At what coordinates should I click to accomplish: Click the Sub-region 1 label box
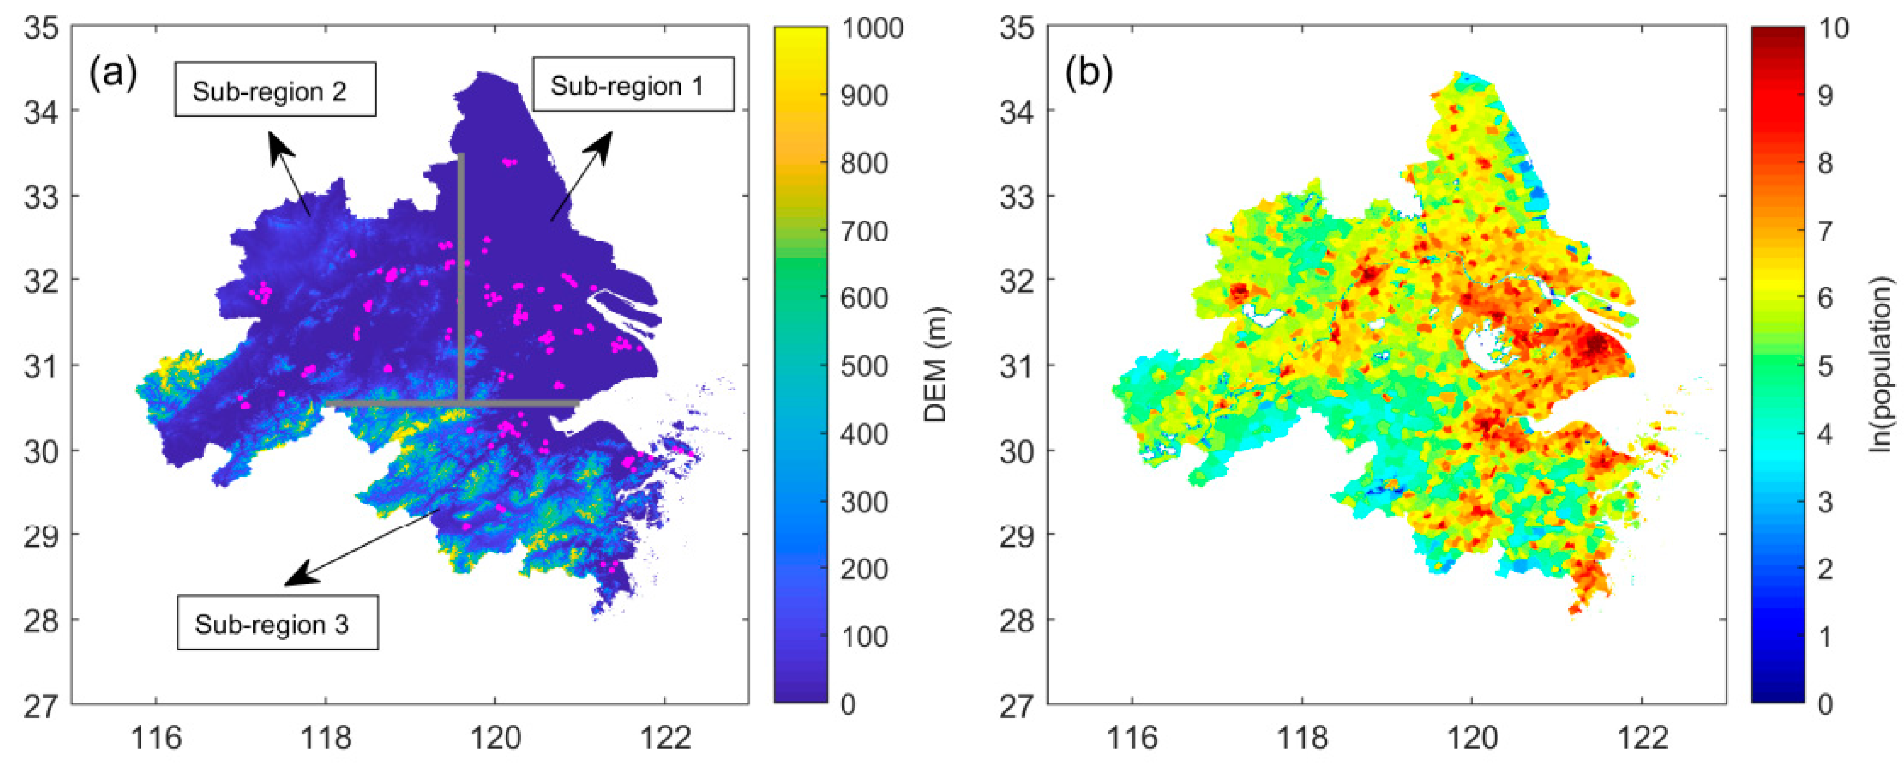(633, 84)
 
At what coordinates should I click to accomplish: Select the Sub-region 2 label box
(275, 89)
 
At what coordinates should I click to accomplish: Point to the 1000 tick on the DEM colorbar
(871, 28)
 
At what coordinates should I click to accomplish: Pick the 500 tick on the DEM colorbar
(864, 366)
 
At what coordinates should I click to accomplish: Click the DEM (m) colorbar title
(936, 365)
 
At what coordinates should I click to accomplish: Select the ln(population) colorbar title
(1882, 365)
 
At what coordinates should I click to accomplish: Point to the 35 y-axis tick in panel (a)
(40, 28)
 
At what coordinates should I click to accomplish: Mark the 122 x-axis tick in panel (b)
(1643, 737)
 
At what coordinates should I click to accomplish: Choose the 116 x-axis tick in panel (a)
(156, 737)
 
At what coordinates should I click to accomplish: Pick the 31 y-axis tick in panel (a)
(40, 365)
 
